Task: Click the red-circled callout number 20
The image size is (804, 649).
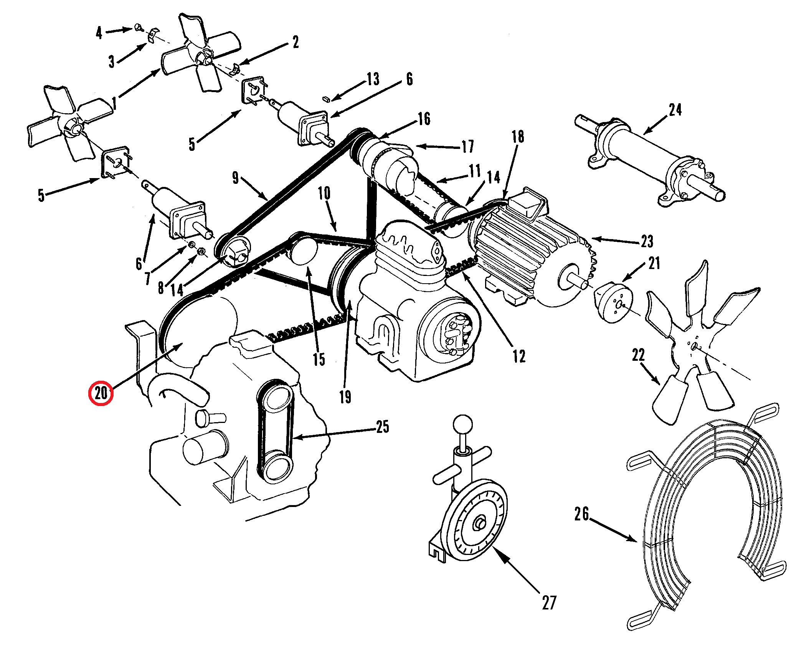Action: (101, 393)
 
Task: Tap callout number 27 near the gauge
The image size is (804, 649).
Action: (549, 602)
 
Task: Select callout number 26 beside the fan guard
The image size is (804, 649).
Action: (581, 514)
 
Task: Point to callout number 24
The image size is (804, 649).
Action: (675, 110)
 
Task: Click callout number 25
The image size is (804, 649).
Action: (383, 426)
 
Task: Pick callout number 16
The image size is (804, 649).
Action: (424, 119)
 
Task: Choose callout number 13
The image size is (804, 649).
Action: (373, 79)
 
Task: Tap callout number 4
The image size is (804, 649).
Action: (99, 33)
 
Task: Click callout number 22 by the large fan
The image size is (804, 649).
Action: (638, 355)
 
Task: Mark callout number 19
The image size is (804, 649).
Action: (345, 397)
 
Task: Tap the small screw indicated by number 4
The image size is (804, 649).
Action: (139, 27)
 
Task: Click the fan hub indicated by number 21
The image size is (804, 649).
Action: (613, 303)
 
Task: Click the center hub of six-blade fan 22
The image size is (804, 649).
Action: (694, 347)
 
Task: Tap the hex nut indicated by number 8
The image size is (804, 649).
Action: (201, 252)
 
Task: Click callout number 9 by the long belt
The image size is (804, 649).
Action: (235, 178)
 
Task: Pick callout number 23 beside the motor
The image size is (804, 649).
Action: (647, 241)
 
